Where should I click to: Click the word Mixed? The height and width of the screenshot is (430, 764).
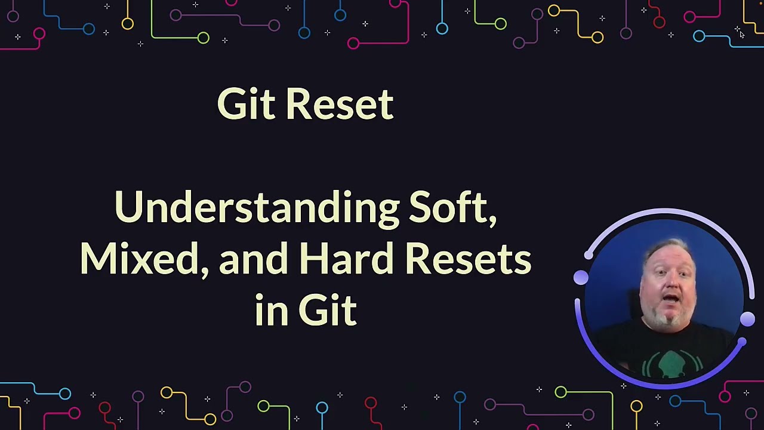tap(139, 259)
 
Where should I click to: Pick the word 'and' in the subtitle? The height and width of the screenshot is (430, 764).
tap(253, 259)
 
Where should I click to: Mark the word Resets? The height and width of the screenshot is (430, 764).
tap(468, 259)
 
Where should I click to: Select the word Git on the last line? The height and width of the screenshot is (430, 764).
tap(327, 311)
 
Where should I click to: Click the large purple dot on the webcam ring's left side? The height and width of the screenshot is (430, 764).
tap(581, 277)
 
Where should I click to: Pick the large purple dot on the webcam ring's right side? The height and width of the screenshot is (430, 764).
tap(747, 320)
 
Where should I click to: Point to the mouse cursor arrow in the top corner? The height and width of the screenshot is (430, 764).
tap(741, 35)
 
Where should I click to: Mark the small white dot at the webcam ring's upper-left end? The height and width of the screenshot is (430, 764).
tap(589, 256)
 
